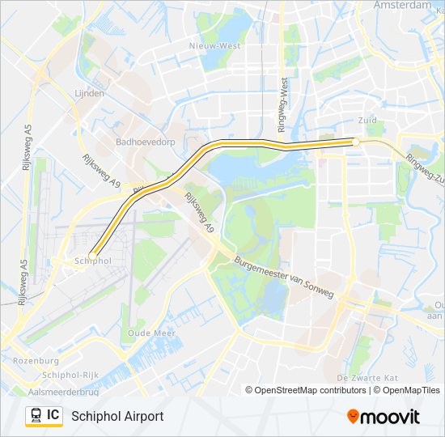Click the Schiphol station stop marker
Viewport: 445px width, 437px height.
tap(93, 255)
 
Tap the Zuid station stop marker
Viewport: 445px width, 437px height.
tap(355, 142)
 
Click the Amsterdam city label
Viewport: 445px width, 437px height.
tap(403, 5)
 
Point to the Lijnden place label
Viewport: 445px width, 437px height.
tap(89, 94)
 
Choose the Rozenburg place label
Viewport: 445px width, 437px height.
tap(36, 361)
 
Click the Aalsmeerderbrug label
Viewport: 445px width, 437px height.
tap(63, 392)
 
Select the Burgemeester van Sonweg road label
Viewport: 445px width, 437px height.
tap(282, 278)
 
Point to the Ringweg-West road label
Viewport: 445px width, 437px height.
tap(283, 104)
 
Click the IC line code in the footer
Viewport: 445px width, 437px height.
tap(53, 415)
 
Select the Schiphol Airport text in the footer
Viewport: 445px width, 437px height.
tap(117, 416)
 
